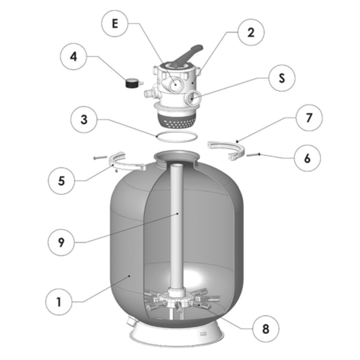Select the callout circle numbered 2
(x=250, y=33)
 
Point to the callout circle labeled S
(x=281, y=78)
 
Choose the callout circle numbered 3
(x=84, y=119)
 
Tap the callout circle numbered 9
(x=62, y=242)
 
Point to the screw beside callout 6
(x=253, y=154)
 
